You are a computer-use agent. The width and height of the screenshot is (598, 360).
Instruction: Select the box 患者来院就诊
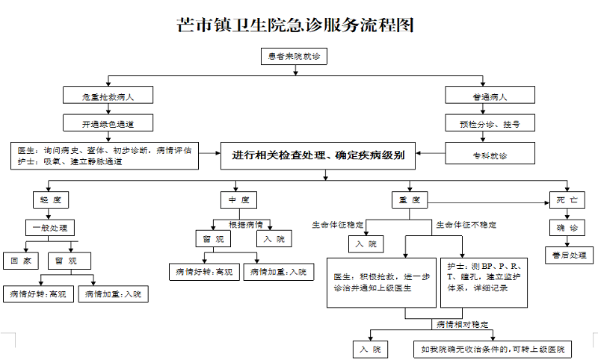coord(292,57)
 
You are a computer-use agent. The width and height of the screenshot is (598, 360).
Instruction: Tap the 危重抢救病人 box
coord(108,95)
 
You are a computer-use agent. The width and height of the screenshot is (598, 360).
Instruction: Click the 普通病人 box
coord(490,95)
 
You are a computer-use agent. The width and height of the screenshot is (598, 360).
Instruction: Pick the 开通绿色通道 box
coord(108,122)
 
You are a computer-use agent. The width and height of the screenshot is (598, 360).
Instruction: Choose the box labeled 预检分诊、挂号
coord(490,122)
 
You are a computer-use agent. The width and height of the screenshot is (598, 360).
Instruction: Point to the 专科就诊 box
coord(490,155)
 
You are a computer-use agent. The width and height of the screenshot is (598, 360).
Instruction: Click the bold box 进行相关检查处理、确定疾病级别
coord(318,155)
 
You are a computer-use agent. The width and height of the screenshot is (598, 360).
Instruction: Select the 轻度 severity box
coord(51,200)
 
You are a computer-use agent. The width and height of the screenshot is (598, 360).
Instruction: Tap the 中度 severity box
coord(239,200)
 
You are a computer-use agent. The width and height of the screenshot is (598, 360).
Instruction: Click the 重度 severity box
coord(410,200)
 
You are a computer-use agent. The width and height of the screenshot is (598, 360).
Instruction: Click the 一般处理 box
coord(51,227)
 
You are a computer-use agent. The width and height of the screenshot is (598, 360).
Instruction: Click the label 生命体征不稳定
coord(466,224)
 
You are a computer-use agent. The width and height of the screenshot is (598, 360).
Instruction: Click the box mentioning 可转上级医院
coord(493,349)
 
